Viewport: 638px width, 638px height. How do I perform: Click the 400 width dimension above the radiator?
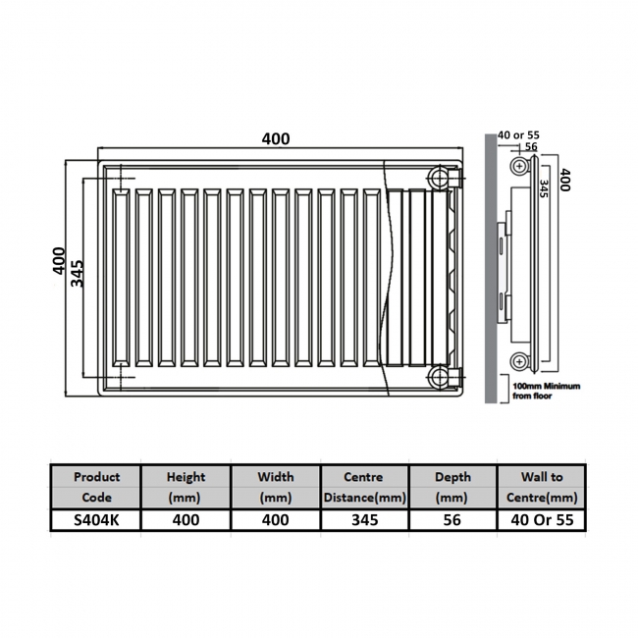(276, 138)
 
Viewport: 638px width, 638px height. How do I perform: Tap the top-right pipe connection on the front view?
(439, 178)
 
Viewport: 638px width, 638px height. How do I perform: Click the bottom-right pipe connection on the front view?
(439, 377)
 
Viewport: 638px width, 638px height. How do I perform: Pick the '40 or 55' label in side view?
(518, 134)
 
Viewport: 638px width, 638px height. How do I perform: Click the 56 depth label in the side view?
(531, 147)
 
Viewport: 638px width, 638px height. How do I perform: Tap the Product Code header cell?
(96, 486)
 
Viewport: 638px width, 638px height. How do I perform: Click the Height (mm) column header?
(186, 486)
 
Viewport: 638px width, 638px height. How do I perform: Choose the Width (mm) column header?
(276, 486)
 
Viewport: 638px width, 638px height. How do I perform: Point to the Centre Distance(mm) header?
(363, 486)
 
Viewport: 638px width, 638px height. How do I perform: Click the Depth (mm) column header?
(452, 486)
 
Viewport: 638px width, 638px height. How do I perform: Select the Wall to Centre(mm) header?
(543, 486)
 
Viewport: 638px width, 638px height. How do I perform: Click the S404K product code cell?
(96, 520)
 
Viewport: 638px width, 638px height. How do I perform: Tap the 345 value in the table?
(363, 520)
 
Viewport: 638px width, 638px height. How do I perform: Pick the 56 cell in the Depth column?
(452, 520)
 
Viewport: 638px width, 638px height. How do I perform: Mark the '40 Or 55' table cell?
(543, 520)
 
